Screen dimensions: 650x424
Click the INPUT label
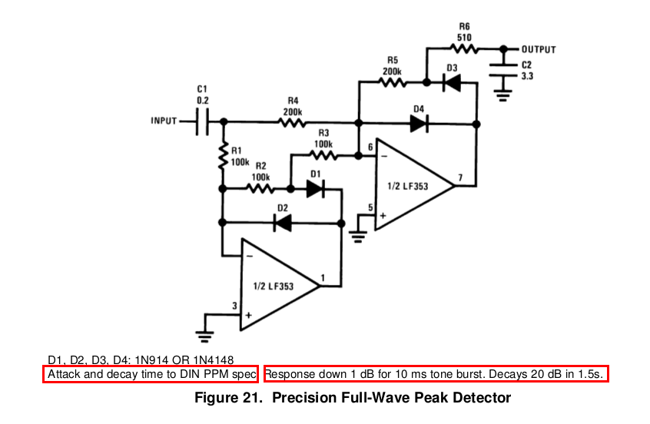point(164,121)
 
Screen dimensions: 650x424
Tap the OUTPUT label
point(539,49)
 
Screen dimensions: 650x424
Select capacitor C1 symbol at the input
point(202,121)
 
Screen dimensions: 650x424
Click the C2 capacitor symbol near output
point(503,70)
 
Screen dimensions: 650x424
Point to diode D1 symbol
point(315,189)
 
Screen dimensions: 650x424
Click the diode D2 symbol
point(283,223)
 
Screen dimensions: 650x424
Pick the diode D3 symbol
point(452,82)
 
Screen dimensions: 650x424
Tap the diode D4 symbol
point(419,124)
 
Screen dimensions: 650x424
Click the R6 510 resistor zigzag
point(464,49)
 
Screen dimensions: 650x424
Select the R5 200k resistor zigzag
point(392,82)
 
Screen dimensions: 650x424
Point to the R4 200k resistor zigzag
point(293,122)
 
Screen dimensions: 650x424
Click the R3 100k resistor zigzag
point(323,155)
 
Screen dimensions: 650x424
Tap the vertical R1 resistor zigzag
point(224,156)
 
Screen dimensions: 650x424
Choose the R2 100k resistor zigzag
point(260,189)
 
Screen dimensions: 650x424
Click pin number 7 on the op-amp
point(460,177)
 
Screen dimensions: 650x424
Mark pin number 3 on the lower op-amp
point(234,306)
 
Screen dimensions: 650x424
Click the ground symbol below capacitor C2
point(502,96)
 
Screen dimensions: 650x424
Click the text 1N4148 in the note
point(213,359)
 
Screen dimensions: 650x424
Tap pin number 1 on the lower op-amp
point(323,278)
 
